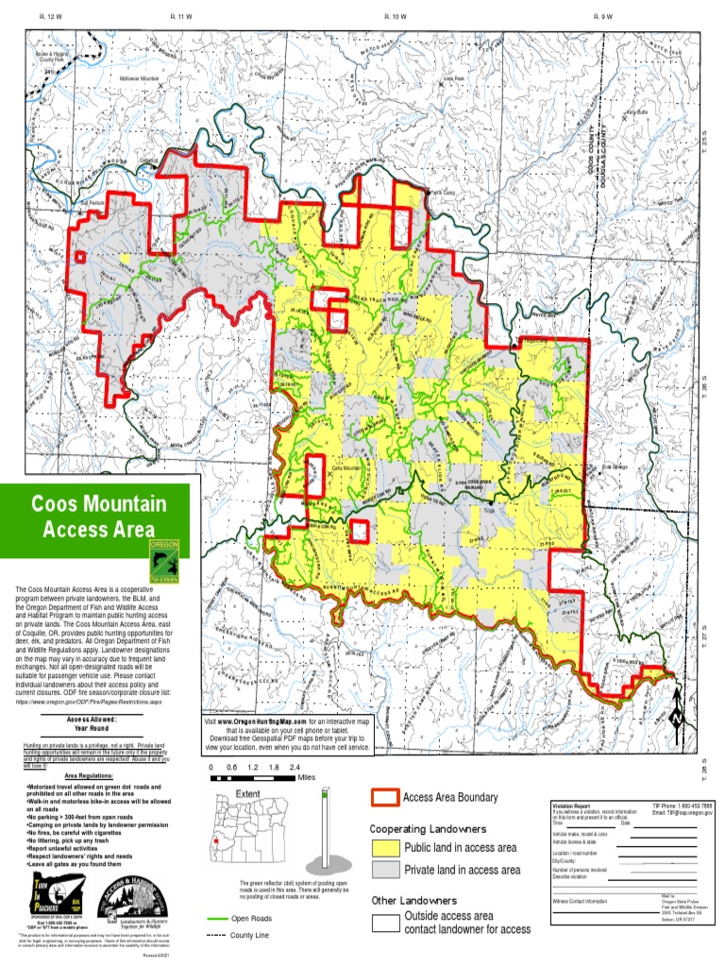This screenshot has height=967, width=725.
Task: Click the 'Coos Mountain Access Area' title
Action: (98, 516)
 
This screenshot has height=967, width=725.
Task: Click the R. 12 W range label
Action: (51, 17)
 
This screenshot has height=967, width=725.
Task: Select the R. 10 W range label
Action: (396, 17)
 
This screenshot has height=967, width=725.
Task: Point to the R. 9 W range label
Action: (602, 17)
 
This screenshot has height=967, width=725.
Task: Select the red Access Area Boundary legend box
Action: (383, 798)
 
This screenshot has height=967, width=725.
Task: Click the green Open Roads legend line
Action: (216, 918)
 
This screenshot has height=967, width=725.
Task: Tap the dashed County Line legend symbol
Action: (216, 935)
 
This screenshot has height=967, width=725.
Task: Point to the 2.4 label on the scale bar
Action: (295, 768)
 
